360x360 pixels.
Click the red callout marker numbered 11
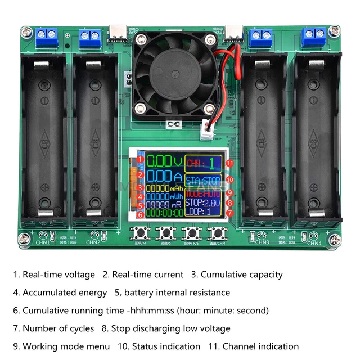click(x=229, y=163)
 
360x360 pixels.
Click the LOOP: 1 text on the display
click(x=201, y=212)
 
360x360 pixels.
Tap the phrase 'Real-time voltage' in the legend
click(x=58, y=274)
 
